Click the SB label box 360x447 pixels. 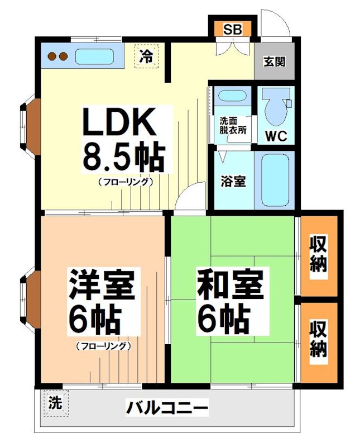233,29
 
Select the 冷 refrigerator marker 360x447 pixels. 146,56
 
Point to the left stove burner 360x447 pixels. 51,56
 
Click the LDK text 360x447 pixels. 119,122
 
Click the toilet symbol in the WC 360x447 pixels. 275,107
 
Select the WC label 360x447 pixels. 276,135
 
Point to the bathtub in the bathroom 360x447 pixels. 275,179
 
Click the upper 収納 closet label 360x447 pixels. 319,254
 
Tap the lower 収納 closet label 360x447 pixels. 319,339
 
